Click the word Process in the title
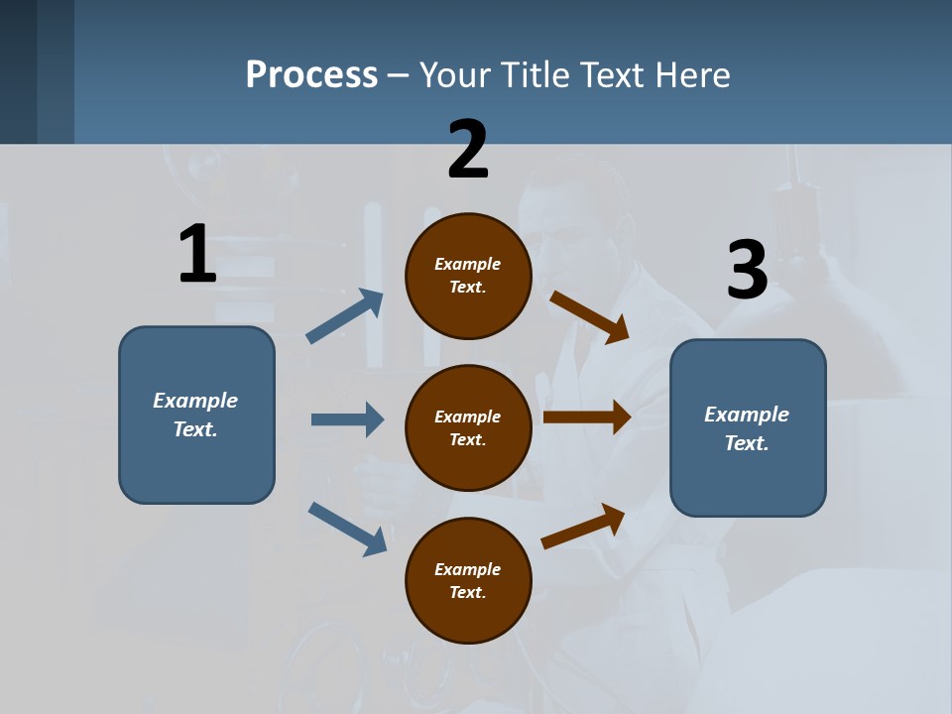[x=311, y=75]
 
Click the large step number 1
[x=197, y=254]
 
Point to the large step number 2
[x=468, y=150]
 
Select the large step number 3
[x=747, y=270]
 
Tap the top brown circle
[x=468, y=276]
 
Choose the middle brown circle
[x=468, y=427]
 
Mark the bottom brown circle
[x=468, y=580]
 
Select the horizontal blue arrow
[x=347, y=419]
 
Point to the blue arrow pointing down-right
[x=348, y=529]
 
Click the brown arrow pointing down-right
[x=589, y=317]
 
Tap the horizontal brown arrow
[x=586, y=418]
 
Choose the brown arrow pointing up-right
[x=583, y=526]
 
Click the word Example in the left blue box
[x=195, y=401]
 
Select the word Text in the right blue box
[x=746, y=443]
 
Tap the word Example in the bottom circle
[x=468, y=569]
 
